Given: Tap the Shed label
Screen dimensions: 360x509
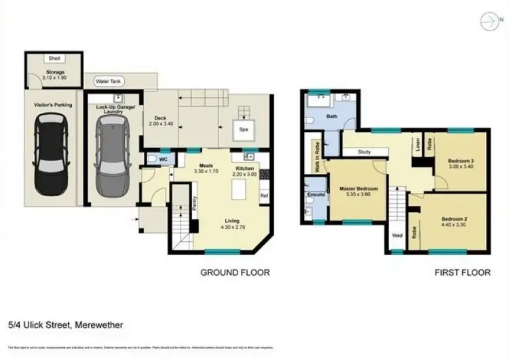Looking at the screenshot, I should (x=54, y=59).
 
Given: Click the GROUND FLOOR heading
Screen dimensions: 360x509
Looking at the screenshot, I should (x=235, y=272).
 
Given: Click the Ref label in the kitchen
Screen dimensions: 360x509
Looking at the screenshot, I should (x=263, y=195).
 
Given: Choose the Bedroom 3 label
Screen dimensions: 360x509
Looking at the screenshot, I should (x=461, y=160).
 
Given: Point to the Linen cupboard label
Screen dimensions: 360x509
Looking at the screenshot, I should (x=417, y=144).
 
